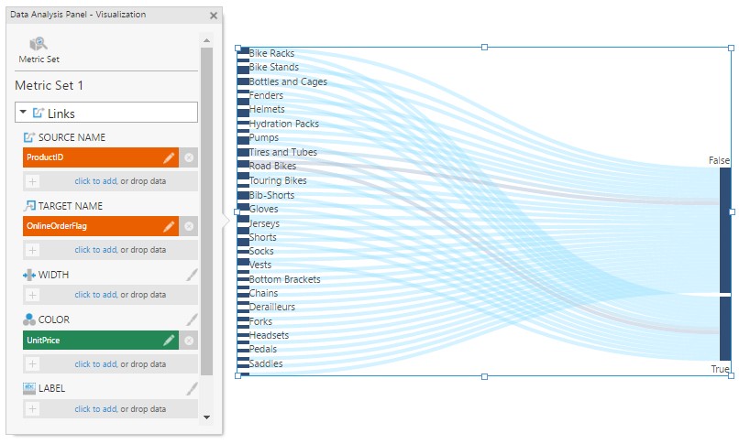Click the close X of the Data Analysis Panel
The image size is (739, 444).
(214, 16)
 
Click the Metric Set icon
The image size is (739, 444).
(39, 45)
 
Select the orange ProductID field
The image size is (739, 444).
(92, 157)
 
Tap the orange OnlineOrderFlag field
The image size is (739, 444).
(92, 226)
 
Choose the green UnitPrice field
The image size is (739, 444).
(92, 341)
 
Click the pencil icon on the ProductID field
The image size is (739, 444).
(169, 157)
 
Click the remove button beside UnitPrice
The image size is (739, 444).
(189, 341)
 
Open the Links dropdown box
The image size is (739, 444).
(105, 113)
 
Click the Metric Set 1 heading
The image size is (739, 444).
(50, 85)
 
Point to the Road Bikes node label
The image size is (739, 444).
(272, 167)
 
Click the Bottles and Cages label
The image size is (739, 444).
(288, 81)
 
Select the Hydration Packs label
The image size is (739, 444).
(284, 124)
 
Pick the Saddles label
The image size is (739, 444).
(266, 363)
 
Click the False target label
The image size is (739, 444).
(719, 160)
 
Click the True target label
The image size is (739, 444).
(721, 369)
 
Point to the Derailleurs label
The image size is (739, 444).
(272, 307)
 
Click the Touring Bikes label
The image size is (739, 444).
(278, 180)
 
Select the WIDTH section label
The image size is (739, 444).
(53, 275)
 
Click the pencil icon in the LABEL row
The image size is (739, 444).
(192, 388)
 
